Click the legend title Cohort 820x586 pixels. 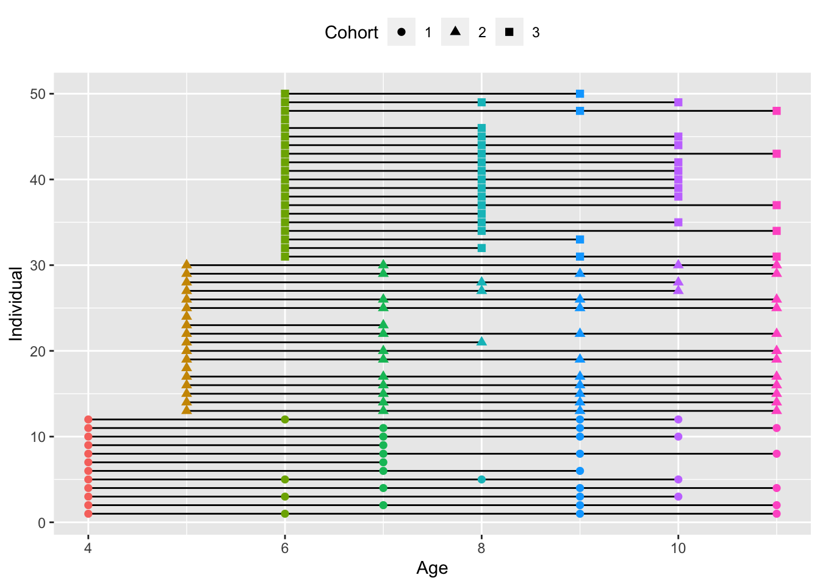(351, 32)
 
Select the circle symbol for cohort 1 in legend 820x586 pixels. (401, 32)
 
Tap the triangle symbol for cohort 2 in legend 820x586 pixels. (455, 32)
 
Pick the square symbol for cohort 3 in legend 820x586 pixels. (509, 32)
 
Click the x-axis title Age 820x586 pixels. (432, 568)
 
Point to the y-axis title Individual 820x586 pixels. (16, 303)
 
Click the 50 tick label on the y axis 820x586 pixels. (38, 94)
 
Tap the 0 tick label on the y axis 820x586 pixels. (41, 523)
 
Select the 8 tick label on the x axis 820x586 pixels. (481, 548)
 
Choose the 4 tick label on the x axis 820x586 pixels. (88, 548)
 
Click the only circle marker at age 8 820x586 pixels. (481, 480)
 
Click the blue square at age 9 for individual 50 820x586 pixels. (580, 94)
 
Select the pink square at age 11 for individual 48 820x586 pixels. (776, 111)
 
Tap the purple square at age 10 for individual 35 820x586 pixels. (678, 222)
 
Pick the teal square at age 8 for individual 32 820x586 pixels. (481, 248)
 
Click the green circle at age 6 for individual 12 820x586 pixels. (285, 419)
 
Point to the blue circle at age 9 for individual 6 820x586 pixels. (580, 471)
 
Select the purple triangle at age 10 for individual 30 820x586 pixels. (678, 265)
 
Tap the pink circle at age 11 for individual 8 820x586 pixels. (776, 454)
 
